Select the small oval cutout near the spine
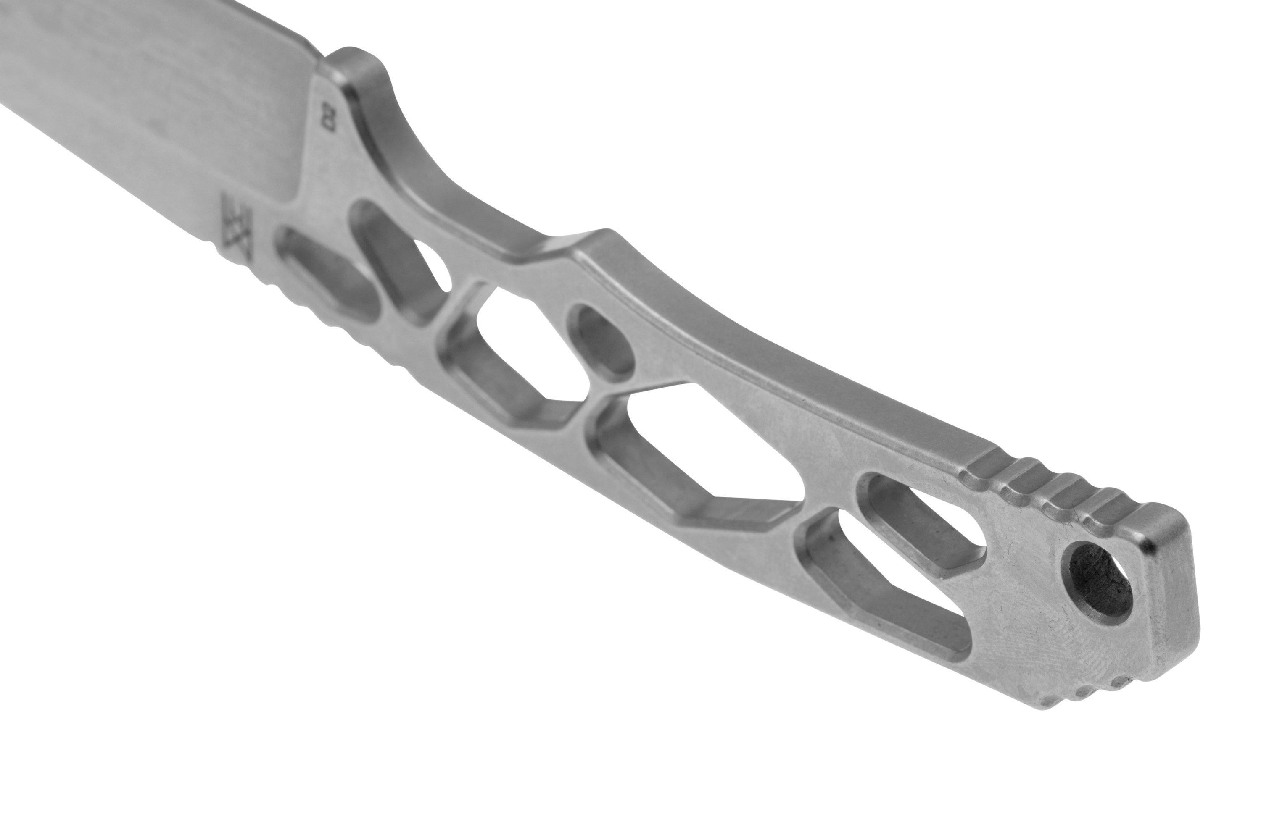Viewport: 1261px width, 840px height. pyautogui.click(x=601, y=340)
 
